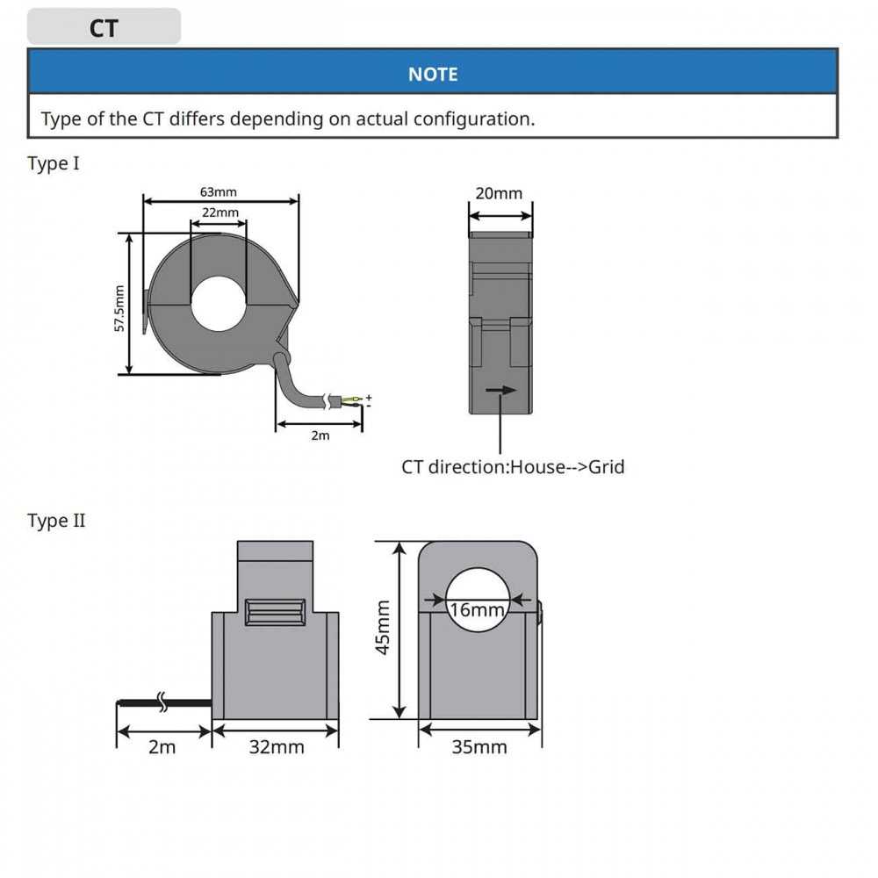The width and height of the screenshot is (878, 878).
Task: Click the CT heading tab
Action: pyautogui.click(x=104, y=28)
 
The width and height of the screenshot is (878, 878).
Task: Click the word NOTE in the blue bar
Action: pyautogui.click(x=433, y=75)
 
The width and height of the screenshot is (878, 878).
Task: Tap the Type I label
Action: pyautogui.click(x=54, y=164)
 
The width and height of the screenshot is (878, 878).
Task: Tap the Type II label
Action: pyautogui.click(x=56, y=521)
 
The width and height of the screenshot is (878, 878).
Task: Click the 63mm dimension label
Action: pyautogui.click(x=219, y=191)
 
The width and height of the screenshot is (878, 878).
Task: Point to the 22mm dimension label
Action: pyautogui.click(x=219, y=213)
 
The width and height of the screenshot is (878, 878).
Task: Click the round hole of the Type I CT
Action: pyautogui.click(x=219, y=305)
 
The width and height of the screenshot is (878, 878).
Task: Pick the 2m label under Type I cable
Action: pyautogui.click(x=320, y=435)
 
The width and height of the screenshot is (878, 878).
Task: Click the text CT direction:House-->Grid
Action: pyautogui.click(x=513, y=467)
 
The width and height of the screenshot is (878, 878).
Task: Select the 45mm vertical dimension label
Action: pyautogui.click(x=383, y=629)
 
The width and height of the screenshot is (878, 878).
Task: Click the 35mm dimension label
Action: pyautogui.click(x=479, y=747)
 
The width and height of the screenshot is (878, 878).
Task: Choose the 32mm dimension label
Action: pyautogui.click(x=277, y=747)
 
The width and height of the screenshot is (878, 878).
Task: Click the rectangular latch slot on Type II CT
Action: pyautogui.click(x=276, y=612)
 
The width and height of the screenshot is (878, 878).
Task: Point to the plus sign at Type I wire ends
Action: pyautogui.click(x=369, y=397)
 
